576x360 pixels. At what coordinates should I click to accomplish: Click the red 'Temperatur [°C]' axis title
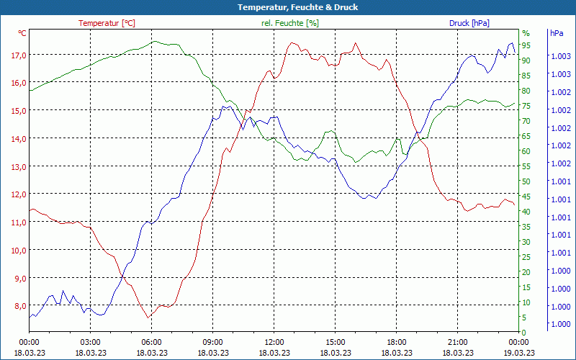pos(107,23)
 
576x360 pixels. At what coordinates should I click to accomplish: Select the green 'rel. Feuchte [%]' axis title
pos(289,23)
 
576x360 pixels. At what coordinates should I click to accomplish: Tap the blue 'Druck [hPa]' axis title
pos(469,23)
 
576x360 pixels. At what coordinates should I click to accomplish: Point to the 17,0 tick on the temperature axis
pos(18,55)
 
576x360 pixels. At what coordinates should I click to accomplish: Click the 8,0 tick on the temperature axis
pos(18,306)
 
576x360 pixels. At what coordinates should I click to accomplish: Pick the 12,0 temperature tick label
pos(18,194)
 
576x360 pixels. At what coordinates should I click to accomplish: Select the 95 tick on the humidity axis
pos(526,45)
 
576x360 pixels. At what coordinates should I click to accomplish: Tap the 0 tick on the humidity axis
pos(524,332)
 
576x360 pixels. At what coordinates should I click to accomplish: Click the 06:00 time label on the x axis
pos(152,342)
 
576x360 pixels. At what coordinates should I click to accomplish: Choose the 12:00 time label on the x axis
pos(274,342)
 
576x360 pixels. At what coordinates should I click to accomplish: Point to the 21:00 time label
pos(458,342)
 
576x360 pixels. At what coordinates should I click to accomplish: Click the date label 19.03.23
pos(519,353)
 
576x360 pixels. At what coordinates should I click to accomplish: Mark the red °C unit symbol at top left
pos(22,33)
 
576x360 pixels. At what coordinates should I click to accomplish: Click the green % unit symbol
pos(526,33)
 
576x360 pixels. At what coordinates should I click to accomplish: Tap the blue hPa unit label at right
pos(556,33)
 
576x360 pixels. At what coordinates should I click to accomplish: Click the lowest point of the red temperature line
pos(148,318)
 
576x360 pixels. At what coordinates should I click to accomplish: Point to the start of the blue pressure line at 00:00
pos(30,317)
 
